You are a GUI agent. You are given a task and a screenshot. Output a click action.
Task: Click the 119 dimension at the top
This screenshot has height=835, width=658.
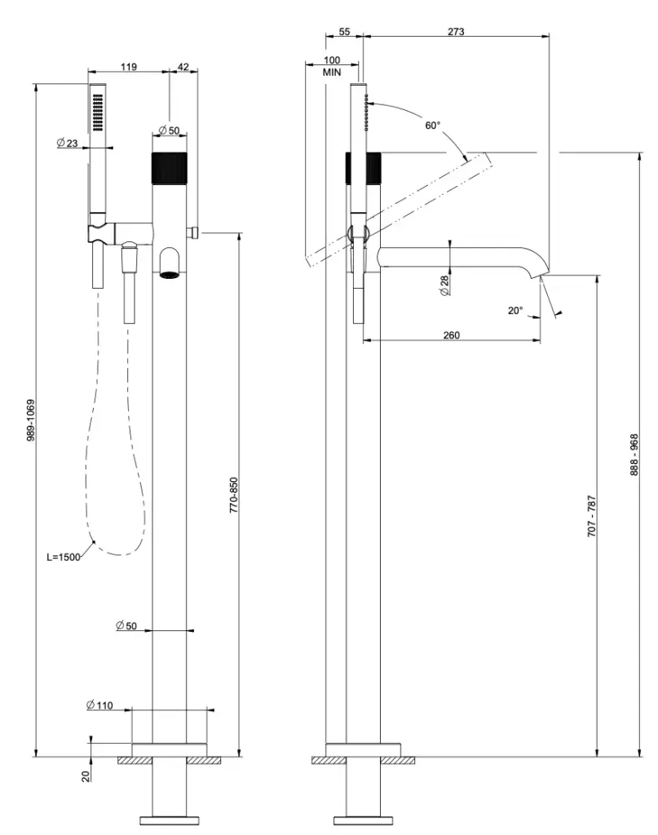128,68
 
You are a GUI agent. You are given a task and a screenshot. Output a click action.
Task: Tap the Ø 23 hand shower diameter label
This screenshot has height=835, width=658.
67,143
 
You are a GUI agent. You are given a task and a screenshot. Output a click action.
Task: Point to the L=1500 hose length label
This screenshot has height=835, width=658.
63,558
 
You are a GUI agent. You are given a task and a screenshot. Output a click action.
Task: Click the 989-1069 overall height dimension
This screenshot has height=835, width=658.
30,420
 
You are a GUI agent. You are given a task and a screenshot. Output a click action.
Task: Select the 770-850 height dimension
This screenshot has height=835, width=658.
233,494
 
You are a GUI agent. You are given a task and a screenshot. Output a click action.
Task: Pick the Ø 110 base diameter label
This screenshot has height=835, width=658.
99,705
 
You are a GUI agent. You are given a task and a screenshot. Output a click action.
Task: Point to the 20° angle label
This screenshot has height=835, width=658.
514,311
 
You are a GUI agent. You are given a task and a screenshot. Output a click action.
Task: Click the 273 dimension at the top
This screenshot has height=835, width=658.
456,32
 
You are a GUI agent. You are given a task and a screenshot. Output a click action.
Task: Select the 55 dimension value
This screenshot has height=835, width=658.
344,32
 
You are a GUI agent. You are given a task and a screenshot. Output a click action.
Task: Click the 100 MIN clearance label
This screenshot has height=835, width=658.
331,66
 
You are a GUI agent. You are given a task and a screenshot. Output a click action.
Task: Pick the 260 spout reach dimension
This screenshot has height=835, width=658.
452,335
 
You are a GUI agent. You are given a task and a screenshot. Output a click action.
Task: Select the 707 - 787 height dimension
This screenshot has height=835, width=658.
592,515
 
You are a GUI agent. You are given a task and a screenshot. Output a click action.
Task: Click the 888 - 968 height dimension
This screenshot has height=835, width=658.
634,455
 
